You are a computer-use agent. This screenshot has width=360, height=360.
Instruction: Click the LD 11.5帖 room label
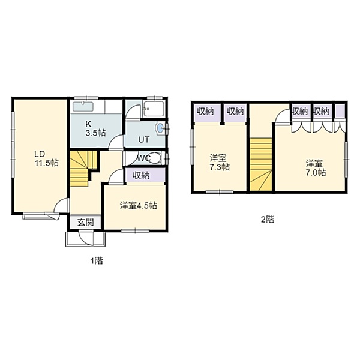click(x=47, y=158)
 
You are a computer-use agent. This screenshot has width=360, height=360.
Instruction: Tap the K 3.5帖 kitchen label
click(x=95, y=128)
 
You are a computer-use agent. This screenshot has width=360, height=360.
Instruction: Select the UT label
click(x=144, y=140)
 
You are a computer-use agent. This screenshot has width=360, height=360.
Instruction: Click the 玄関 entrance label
click(x=85, y=222)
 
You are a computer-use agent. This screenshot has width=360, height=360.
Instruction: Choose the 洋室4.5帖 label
click(x=139, y=205)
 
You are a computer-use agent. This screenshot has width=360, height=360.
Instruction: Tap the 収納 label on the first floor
click(x=142, y=176)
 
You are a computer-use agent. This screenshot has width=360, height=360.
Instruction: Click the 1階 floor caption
click(x=96, y=261)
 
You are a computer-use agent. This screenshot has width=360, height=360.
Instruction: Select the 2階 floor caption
click(x=268, y=220)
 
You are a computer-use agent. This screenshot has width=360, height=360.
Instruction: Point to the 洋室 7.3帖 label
click(x=219, y=163)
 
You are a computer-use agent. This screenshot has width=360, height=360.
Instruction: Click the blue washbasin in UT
click(x=160, y=128)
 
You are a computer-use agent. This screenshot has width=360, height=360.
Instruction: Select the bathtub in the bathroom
click(x=154, y=109)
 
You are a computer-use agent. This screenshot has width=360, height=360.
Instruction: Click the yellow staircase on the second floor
click(x=261, y=164)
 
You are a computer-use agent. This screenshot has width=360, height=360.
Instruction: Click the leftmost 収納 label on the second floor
click(x=205, y=112)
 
